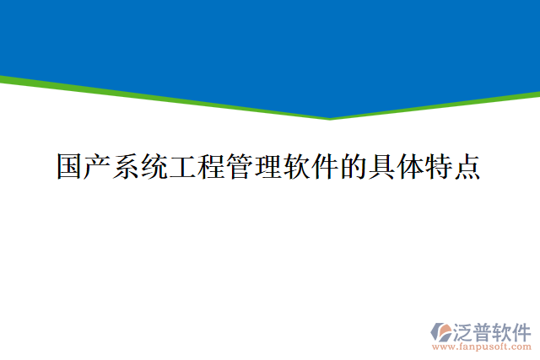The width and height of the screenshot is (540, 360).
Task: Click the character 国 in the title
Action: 71,166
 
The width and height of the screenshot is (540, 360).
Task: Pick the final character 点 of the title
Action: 467,166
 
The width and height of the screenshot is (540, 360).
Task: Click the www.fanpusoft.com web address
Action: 481,346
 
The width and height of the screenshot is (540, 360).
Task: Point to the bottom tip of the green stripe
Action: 330,118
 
